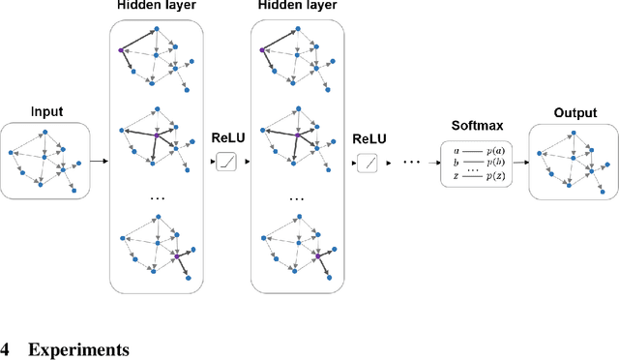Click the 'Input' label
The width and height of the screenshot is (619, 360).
click(x=45, y=111)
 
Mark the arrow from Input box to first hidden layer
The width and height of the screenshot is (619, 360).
click(x=98, y=161)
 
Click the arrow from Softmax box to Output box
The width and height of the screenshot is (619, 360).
click(x=521, y=161)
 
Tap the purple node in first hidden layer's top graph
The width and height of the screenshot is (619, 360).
click(x=121, y=50)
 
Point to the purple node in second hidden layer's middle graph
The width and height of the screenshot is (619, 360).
click(x=296, y=134)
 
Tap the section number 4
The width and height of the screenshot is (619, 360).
click(x=6, y=349)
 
